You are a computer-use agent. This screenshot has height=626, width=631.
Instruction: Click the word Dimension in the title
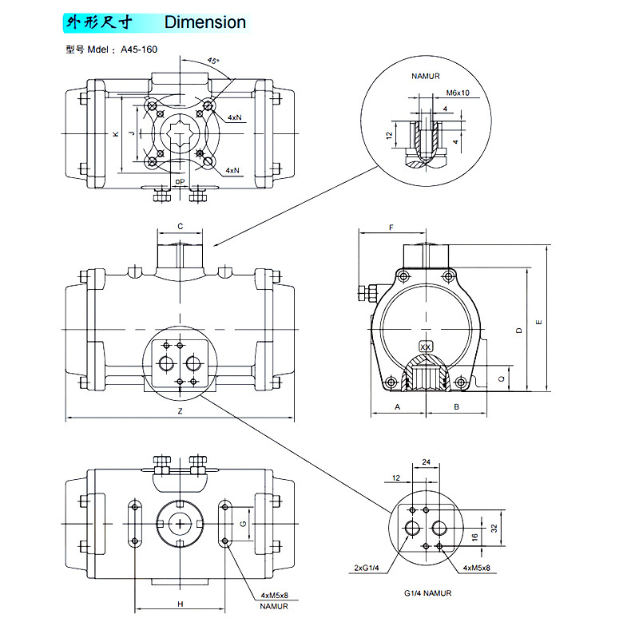pyautogui.click(x=205, y=22)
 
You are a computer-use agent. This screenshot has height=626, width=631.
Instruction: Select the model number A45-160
pyautogui.click(x=140, y=50)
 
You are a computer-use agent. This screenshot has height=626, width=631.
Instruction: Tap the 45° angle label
pyautogui.click(x=212, y=61)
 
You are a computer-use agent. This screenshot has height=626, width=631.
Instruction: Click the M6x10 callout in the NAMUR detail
pyautogui.click(x=458, y=93)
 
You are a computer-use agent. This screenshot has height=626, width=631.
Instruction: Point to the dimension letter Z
pyautogui.click(x=181, y=411)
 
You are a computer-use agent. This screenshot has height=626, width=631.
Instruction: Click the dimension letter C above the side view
pyautogui.click(x=181, y=227)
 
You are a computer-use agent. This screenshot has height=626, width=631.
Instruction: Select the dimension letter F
pyautogui.click(x=391, y=228)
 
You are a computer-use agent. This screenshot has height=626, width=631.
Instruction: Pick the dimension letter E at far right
pyautogui.click(x=539, y=323)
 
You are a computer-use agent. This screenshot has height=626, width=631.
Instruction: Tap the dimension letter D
pyautogui.click(x=519, y=330)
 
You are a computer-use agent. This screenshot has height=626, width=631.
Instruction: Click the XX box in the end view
pyautogui.click(x=426, y=347)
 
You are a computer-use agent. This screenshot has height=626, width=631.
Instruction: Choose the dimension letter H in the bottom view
pyautogui.click(x=181, y=604)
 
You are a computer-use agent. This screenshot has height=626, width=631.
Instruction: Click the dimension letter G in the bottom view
pyautogui.click(x=243, y=524)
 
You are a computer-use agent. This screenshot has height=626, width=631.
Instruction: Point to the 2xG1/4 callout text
pyautogui.click(x=367, y=568)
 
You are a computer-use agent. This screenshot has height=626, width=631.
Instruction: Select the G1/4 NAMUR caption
pyautogui.click(x=428, y=593)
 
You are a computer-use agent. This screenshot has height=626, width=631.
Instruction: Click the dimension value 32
pyautogui.click(x=494, y=528)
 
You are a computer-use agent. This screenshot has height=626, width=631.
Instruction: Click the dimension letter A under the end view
pyautogui.click(x=397, y=406)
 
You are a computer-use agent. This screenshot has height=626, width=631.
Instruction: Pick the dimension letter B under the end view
pyautogui.click(x=456, y=406)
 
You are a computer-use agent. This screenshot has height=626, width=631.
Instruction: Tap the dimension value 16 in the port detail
pyautogui.click(x=474, y=537)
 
